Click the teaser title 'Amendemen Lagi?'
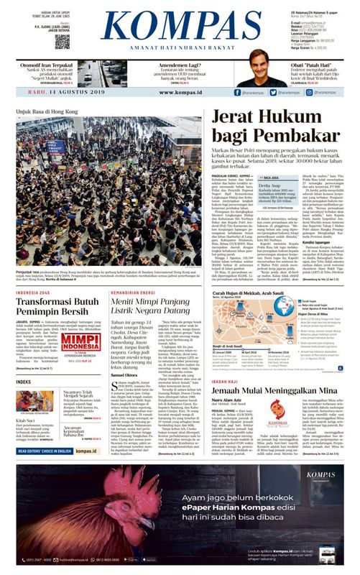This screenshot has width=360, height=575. (x=182, y=63)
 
